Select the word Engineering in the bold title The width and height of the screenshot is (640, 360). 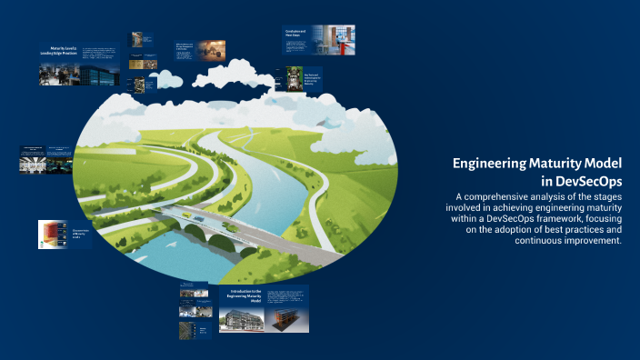[496, 164]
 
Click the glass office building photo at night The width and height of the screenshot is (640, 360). [100, 75]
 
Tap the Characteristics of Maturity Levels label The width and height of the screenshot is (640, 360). [79, 234]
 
